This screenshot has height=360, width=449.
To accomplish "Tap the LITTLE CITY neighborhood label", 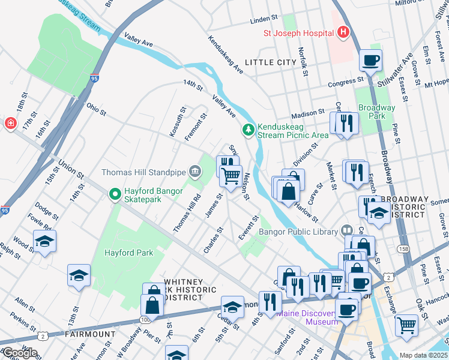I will click(x=270, y=62).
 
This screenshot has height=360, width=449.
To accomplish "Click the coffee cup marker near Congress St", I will click(x=370, y=61).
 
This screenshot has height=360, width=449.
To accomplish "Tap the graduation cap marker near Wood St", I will click(x=45, y=242).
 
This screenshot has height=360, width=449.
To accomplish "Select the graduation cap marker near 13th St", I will click(x=79, y=276).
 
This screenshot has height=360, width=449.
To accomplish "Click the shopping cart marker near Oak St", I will click(x=406, y=326).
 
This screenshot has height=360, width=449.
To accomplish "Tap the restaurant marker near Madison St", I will click(x=346, y=123).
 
